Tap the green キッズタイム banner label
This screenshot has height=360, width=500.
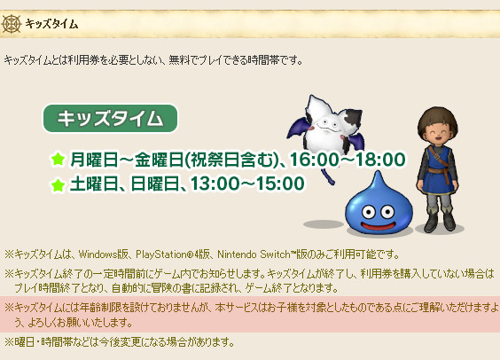110,118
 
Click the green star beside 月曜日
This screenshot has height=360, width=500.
58,160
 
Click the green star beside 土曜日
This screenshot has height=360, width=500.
58,184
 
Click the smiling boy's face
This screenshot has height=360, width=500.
438,129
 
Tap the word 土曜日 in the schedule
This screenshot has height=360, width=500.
96,184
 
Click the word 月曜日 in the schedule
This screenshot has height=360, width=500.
96,160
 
